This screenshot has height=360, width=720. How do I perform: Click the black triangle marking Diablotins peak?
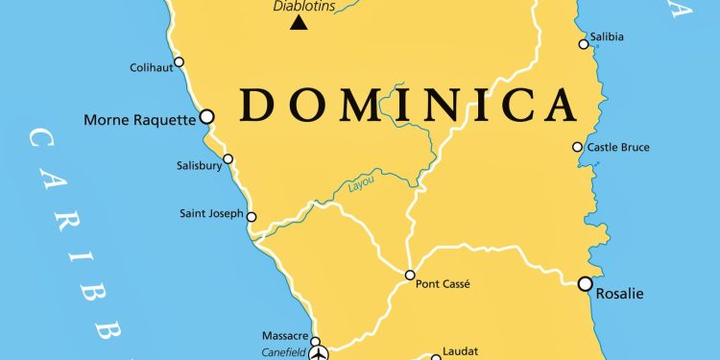point(300,22)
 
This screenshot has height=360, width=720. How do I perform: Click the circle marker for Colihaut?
point(179,61)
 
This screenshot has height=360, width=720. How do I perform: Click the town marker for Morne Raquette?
point(205,116)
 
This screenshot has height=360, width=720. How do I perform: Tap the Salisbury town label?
point(200,166)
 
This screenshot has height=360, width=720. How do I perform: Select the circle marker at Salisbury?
point(228,159)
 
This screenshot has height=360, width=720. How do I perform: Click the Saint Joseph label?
point(211,213)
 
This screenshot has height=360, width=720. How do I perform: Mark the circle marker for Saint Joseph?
point(252,216)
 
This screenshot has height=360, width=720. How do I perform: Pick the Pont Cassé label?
point(443,284)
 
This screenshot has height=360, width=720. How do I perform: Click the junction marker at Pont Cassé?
point(410,275)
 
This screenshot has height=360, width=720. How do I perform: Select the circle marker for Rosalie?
point(585,283)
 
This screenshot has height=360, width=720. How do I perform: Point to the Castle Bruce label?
point(618,147)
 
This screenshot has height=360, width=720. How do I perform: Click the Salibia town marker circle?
point(583,43)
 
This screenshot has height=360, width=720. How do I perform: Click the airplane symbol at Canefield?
point(320,352)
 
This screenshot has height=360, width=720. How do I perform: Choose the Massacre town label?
point(285,336)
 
